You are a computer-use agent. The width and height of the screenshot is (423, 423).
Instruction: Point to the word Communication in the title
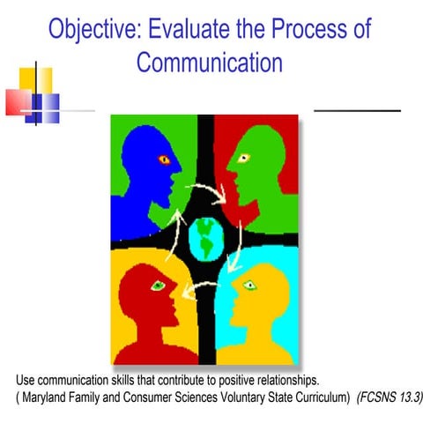pyautogui.click(x=210, y=63)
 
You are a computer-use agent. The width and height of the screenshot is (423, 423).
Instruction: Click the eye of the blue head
pyautogui.click(x=162, y=160)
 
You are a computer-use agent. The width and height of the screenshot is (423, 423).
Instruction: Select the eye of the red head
pyautogui.click(x=159, y=285)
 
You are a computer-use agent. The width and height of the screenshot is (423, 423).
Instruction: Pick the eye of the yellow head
pyautogui.click(x=249, y=284)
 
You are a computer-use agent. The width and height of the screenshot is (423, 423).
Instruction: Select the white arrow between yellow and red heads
pyautogui.click(x=204, y=284)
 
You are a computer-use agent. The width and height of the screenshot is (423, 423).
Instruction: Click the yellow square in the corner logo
pyautogui.click(x=37, y=81)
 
